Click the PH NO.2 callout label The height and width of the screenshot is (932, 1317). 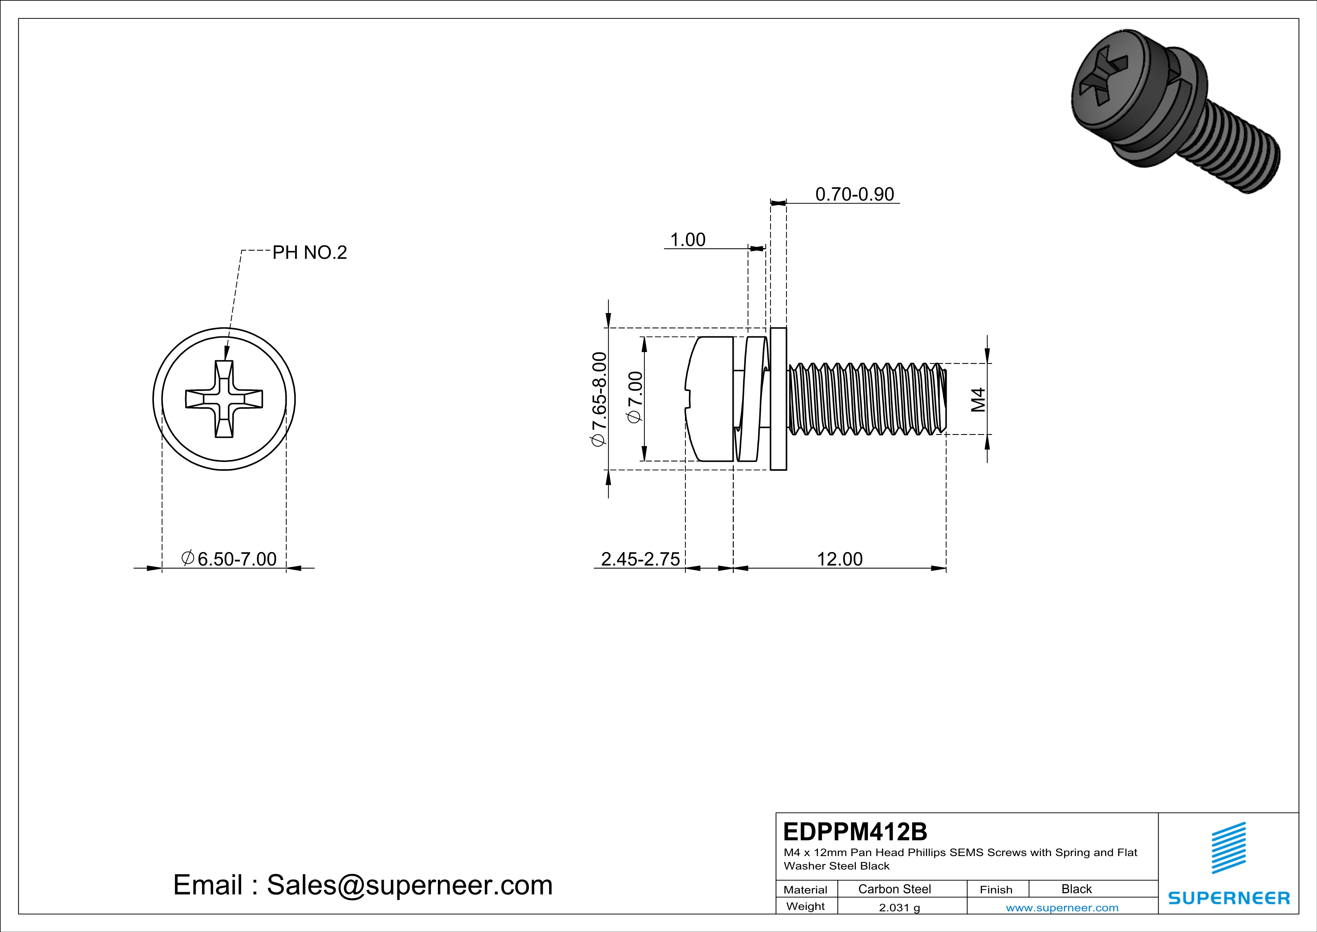click(x=309, y=253)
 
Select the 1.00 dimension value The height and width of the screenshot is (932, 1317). click(x=687, y=240)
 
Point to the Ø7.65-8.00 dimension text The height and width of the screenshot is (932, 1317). click(x=598, y=399)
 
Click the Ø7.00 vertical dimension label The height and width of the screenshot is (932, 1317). click(x=635, y=398)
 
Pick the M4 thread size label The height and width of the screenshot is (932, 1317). click(x=978, y=399)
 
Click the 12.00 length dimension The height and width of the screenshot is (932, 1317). click(x=839, y=559)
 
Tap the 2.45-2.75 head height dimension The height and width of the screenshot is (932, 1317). click(x=640, y=559)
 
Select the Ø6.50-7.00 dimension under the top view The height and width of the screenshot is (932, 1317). click(x=229, y=559)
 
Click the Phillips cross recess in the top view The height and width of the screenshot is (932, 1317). click(x=224, y=399)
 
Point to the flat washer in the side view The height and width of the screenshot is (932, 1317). click(x=778, y=399)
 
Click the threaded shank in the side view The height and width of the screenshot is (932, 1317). click(x=866, y=399)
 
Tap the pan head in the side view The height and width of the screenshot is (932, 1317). click(x=710, y=399)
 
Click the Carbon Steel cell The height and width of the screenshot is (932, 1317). click(x=894, y=889)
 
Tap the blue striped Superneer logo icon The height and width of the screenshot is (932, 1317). click(x=1228, y=848)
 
